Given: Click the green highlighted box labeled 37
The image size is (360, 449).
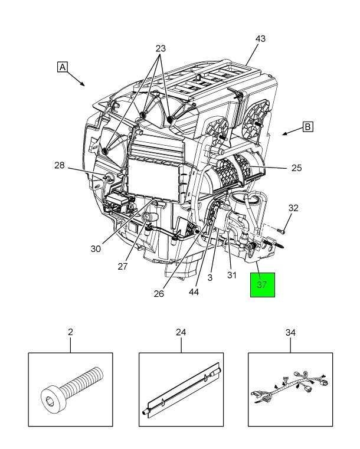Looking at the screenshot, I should click(262, 284).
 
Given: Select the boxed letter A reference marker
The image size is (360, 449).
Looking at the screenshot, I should click(62, 67).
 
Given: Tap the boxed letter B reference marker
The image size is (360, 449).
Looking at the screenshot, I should click(307, 126).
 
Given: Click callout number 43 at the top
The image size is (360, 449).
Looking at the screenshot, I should click(260, 39).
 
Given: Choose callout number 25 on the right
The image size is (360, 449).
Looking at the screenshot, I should click(296, 168).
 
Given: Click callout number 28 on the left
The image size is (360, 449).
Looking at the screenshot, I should click(60, 165).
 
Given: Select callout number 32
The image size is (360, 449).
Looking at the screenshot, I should click(293, 208).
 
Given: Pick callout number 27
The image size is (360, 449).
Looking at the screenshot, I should click(122, 266).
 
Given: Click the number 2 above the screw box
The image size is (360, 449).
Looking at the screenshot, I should click(70, 332).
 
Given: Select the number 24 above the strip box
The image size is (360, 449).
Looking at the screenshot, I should click(181, 332).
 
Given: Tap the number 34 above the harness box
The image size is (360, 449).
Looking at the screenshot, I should click(290, 332).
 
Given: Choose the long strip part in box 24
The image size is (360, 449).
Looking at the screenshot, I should click(181, 390).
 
